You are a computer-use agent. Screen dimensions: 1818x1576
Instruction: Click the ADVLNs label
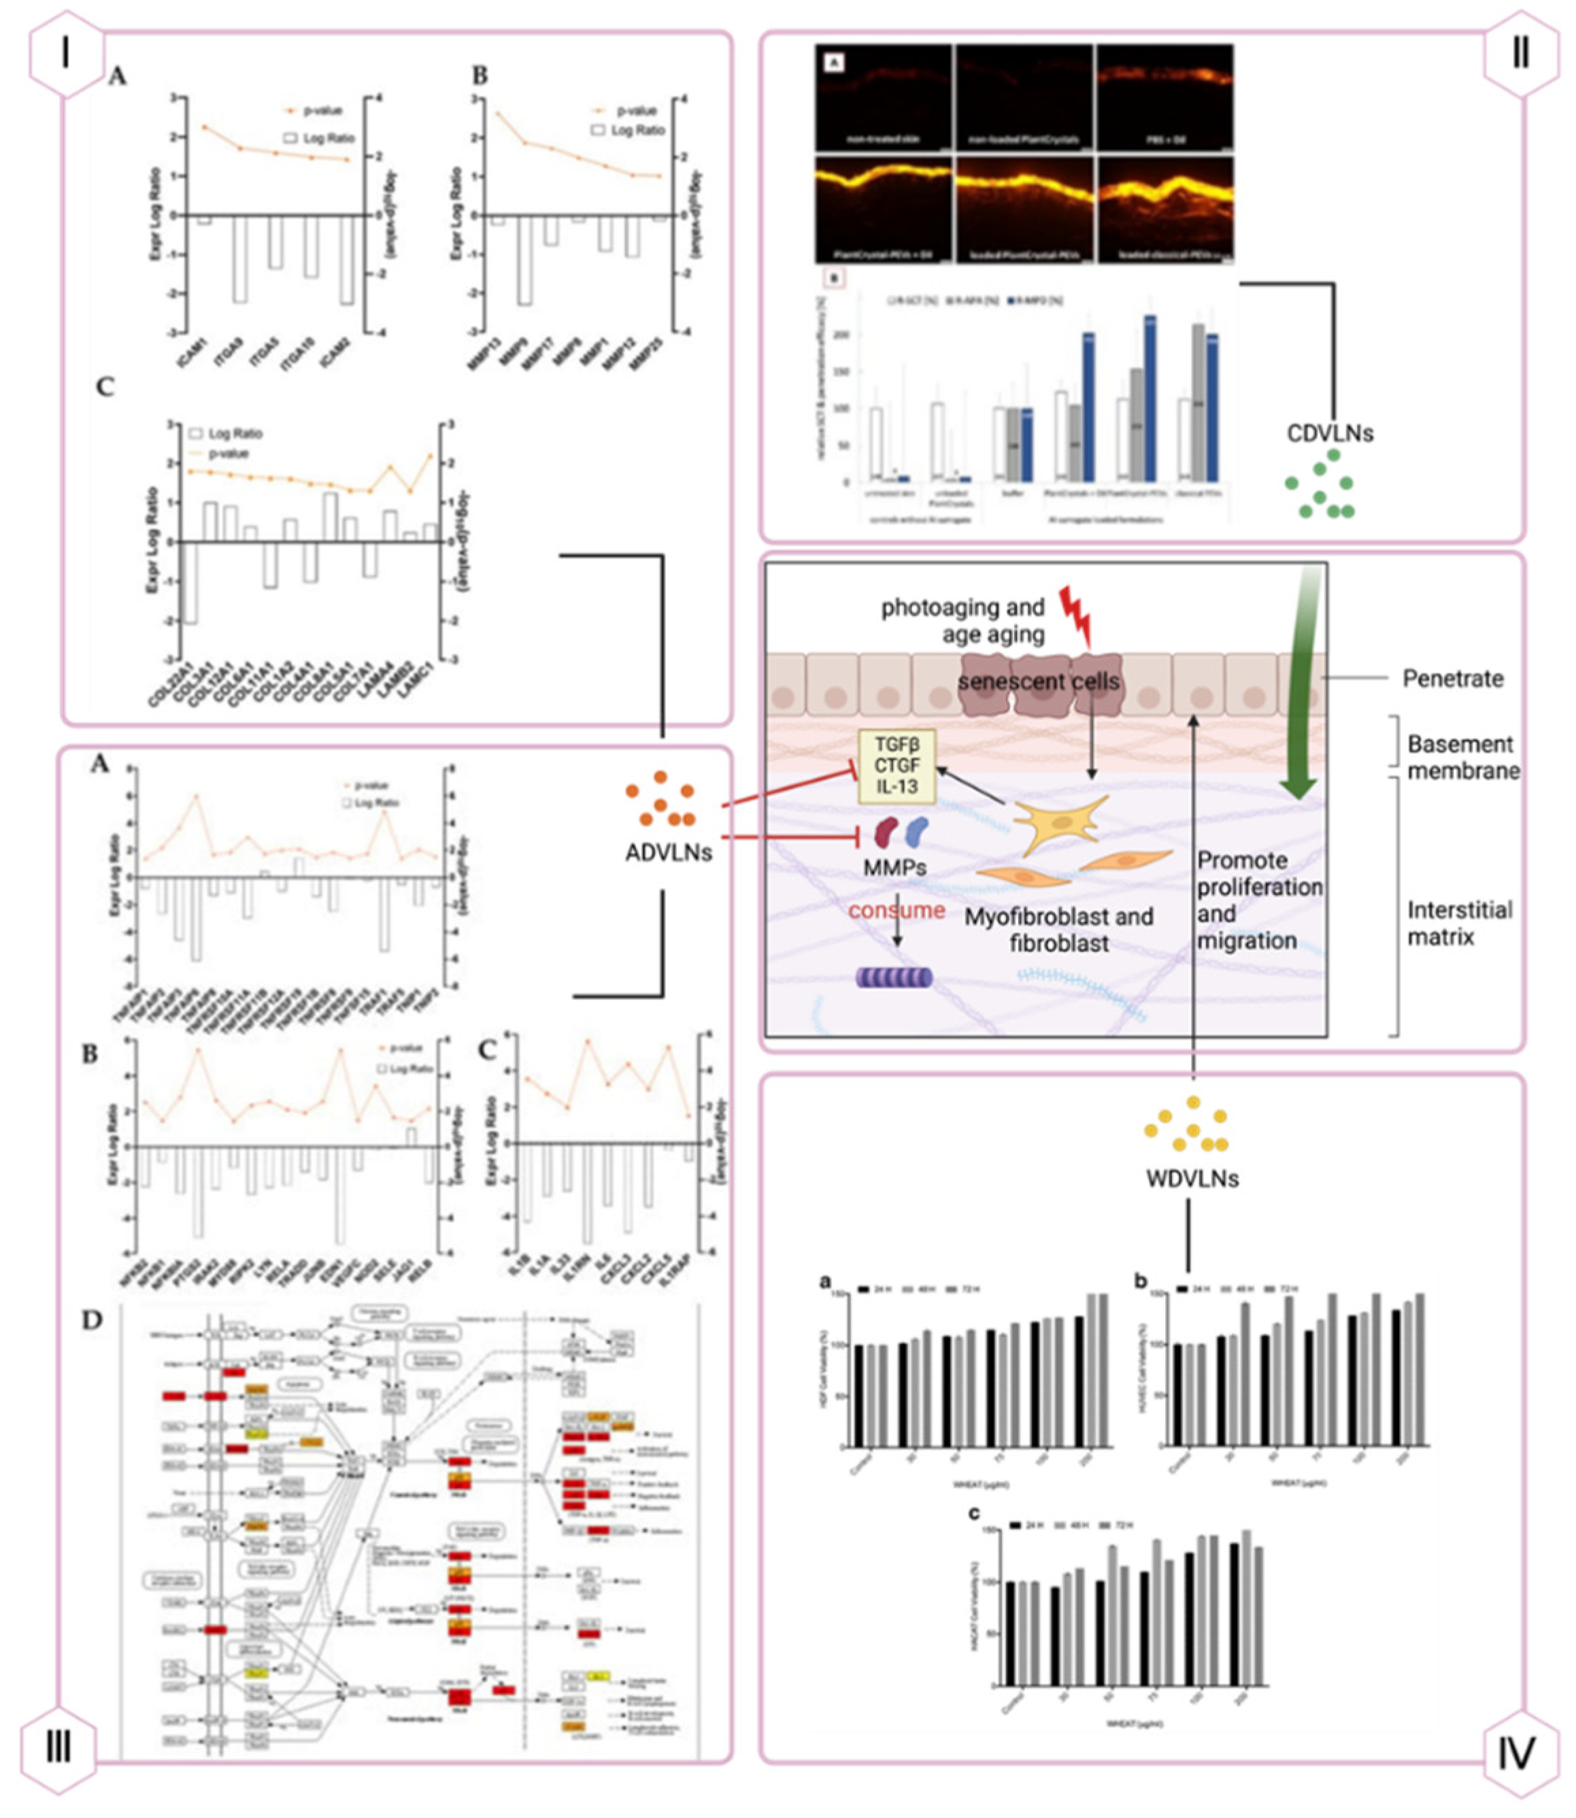click(x=669, y=852)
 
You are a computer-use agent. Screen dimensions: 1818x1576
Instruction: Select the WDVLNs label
click(x=1192, y=1178)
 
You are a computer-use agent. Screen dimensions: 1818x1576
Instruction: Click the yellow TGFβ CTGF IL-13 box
click(x=897, y=765)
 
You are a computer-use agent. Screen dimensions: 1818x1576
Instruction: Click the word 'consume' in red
click(x=896, y=910)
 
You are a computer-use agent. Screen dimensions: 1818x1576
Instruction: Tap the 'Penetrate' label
click(x=1453, y=678)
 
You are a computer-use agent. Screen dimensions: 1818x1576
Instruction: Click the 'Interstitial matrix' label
click(x=1460, y=923)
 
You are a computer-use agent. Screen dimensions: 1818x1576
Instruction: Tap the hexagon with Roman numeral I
click(x=66, y=54)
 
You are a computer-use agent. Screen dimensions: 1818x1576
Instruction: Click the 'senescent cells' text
click(x=1039, y=681)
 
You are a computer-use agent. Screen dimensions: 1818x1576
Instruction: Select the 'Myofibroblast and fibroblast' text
click(x=1059, y=930)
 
